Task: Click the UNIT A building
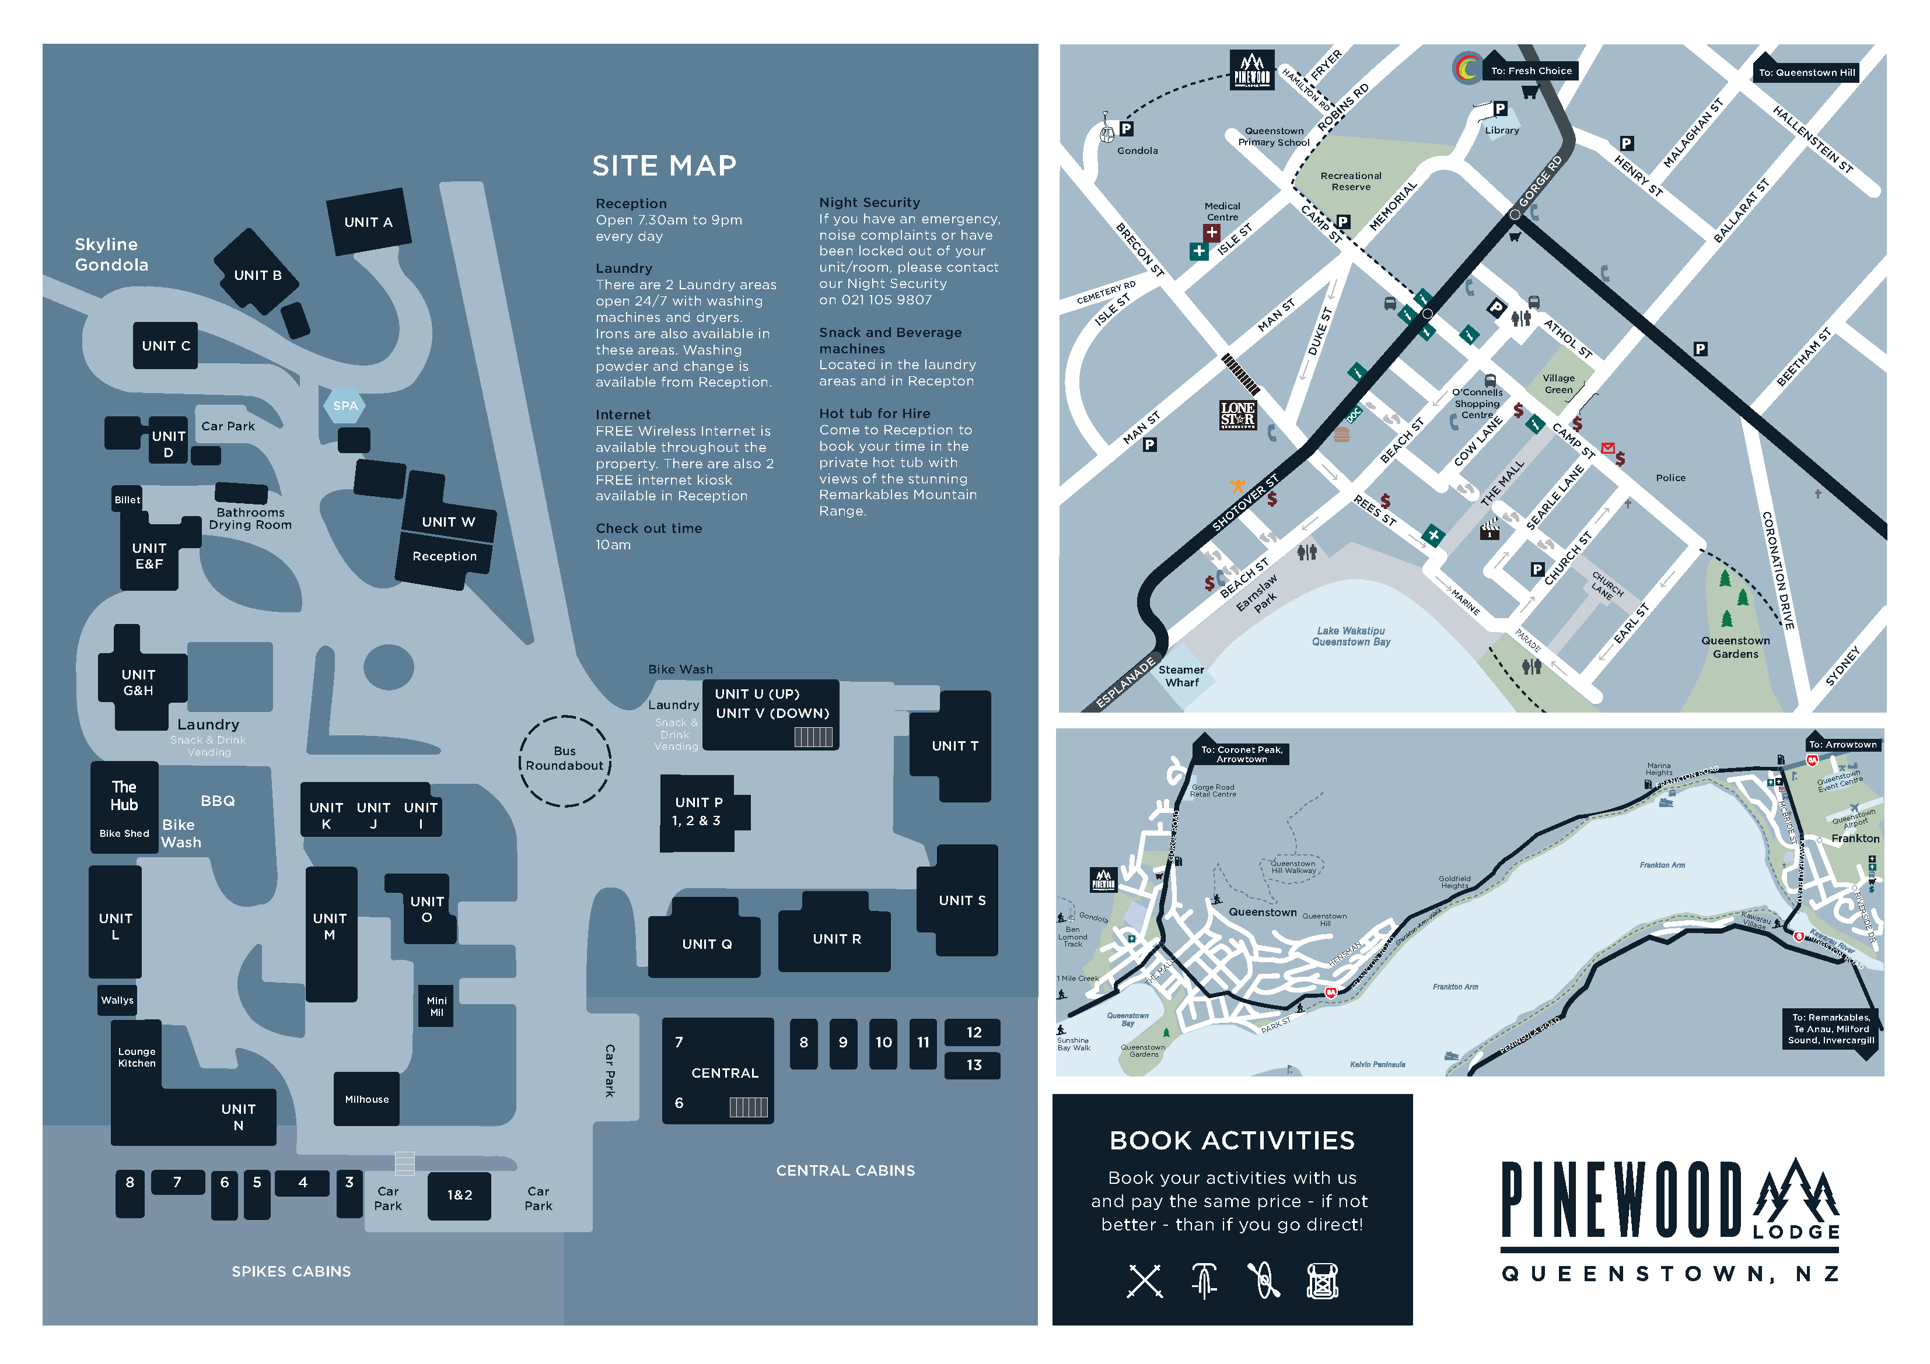point(368,222)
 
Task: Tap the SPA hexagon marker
point(345,405)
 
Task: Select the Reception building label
point(444,556)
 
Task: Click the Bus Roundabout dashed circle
point(565,760)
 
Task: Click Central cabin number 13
point(973,1065)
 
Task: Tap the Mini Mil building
point(436,1006)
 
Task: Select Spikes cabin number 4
point(303,1183)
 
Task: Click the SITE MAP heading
point(664,166)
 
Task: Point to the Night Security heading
point(869,202)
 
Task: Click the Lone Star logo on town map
point(1237,414)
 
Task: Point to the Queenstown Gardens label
point(1735,647)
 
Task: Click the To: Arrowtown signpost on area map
point(1842,745)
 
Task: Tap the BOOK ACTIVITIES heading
point(1232,1141)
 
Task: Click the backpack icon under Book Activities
point(1321,1281)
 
